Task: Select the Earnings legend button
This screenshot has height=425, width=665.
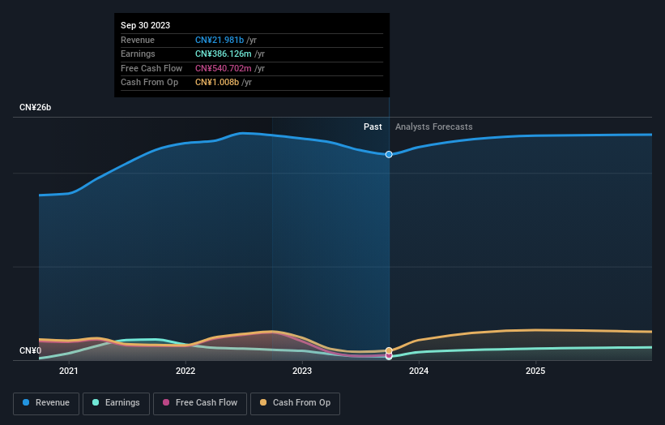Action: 116,402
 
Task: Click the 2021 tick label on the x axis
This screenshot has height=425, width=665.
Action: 69,371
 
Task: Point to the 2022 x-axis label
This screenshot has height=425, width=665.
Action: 185,371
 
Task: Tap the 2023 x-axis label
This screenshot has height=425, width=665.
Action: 302,371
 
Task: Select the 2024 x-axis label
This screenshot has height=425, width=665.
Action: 419,371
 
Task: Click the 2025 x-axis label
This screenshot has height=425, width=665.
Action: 535,371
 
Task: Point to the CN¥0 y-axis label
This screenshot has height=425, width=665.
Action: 30,350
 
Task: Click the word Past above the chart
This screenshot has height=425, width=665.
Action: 373,127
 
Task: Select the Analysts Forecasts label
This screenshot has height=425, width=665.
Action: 433,127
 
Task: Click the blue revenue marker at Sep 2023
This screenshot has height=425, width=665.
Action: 389,154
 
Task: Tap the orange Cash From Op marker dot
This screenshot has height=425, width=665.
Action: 389,351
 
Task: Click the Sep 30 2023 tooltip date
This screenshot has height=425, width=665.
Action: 146,25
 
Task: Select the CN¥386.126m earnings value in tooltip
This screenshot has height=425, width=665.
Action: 224,54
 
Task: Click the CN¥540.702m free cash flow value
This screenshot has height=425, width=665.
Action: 224,68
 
